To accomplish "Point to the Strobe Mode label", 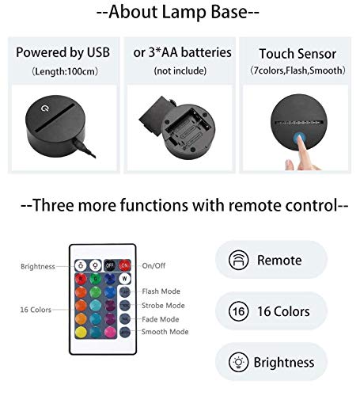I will point(163,305).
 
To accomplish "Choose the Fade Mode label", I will point(160,318).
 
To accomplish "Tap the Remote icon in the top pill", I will point(237,260).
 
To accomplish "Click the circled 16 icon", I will point(237,311).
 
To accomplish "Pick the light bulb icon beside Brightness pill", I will point(237,362).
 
